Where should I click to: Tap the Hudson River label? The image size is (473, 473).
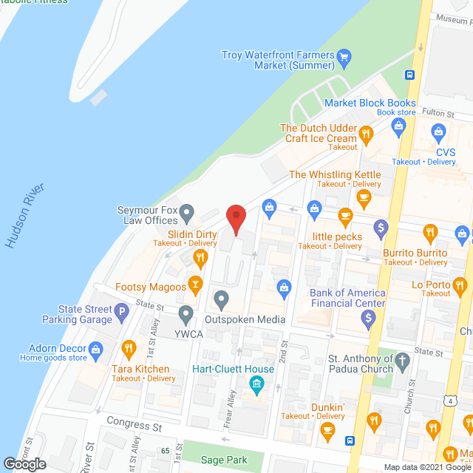25,216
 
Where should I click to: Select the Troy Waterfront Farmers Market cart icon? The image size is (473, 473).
344,55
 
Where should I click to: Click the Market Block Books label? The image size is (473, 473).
379,103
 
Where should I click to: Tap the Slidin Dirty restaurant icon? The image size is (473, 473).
200,257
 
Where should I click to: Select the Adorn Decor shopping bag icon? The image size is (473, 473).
95,348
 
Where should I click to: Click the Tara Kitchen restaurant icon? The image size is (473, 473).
129,348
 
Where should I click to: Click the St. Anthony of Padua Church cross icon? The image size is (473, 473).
402,362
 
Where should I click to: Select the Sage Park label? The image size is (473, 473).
224,460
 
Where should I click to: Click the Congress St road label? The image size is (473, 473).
134,426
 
